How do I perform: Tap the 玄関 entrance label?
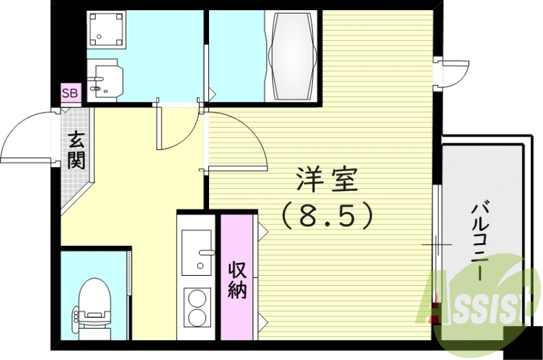tap(75, 151)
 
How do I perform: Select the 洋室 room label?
tap(326, 180)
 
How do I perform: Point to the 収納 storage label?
tap(237, 278)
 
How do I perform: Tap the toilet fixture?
tap(94, 309)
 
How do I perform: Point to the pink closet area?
tap(237, 278)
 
